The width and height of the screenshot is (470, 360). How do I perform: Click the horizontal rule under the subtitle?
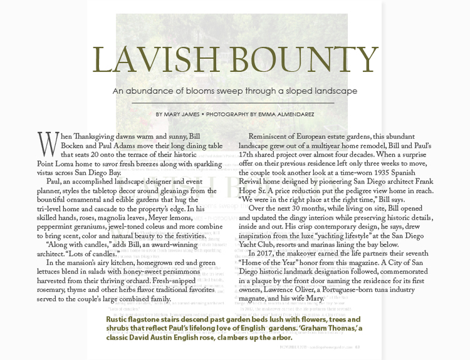234,102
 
